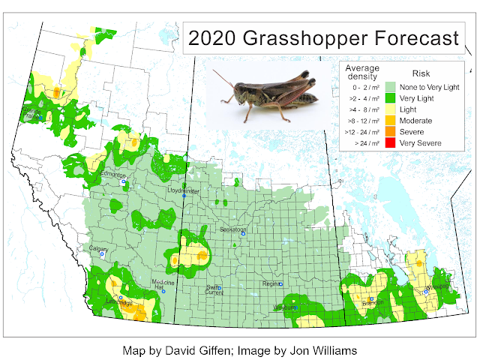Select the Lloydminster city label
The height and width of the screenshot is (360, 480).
click(x=184, y=191)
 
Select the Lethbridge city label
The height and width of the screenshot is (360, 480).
click(x=120, y=303)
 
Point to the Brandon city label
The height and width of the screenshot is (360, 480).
click(x=371, y=303)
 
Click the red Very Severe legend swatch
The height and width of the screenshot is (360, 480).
click(x=390, y=142)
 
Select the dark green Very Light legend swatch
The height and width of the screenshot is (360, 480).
click(x=390, y=98)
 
